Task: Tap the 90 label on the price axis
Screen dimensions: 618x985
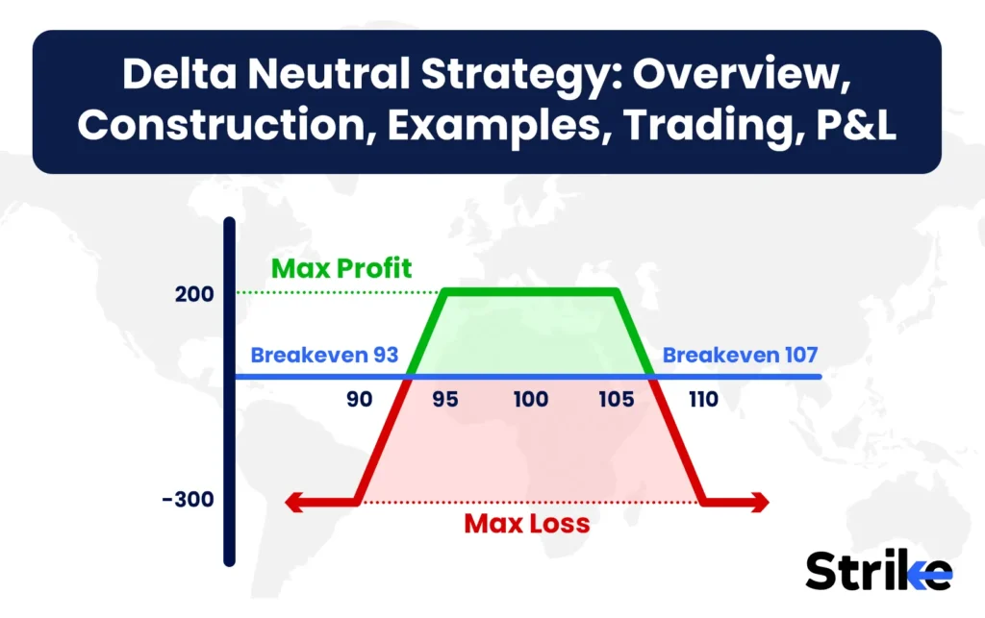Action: (360, 399)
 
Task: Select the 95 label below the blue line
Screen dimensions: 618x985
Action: (445, 399)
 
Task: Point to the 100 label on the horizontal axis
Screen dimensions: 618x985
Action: (531, 399)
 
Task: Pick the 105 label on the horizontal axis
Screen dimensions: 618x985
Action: (618, 399)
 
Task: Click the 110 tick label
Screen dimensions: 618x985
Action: (702, 399)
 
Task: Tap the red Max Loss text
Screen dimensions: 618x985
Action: (527, 525)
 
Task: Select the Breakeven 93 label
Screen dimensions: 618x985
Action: (325, 355)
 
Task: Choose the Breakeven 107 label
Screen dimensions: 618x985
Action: (740, 355)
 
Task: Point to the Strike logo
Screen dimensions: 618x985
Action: (878, 572)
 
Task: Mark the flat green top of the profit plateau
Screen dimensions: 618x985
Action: (529, 292)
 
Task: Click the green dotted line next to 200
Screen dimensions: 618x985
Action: (337, 292)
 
